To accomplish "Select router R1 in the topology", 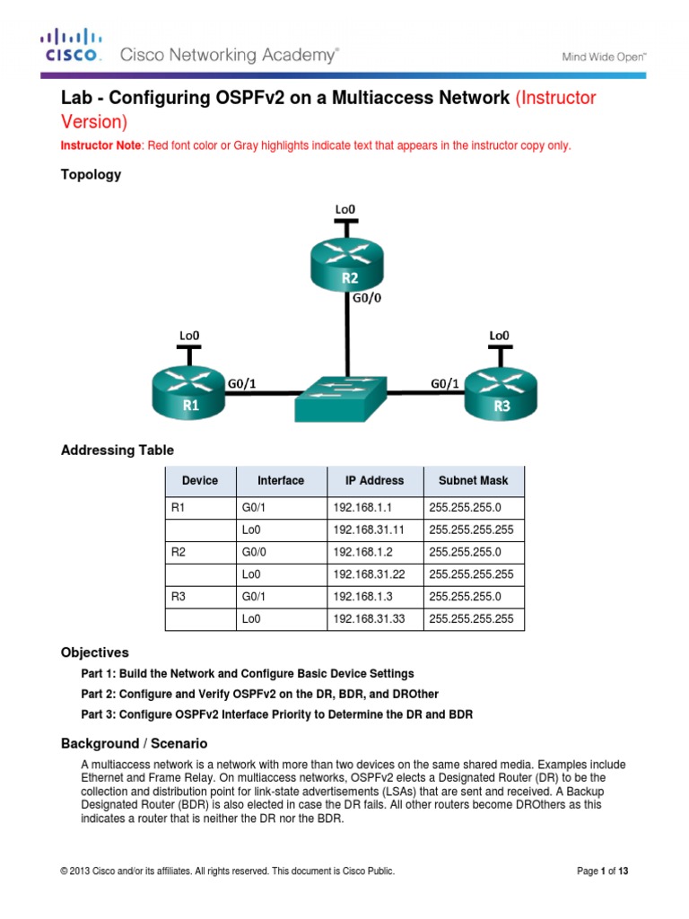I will [x=191, y=392].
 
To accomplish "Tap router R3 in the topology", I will [x=501, y=392].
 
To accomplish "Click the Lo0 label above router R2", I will [x=346, y=208].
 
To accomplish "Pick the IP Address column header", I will [x=374, y=480].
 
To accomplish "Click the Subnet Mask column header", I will [x=473, y=480].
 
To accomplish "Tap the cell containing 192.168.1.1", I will [x=356, y=507].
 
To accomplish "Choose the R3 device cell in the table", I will [x=179, y=596].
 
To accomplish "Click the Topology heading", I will [x=91, y=175].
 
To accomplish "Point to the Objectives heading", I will [x=94, y=652].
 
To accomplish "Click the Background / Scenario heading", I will [x=134, y=743].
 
